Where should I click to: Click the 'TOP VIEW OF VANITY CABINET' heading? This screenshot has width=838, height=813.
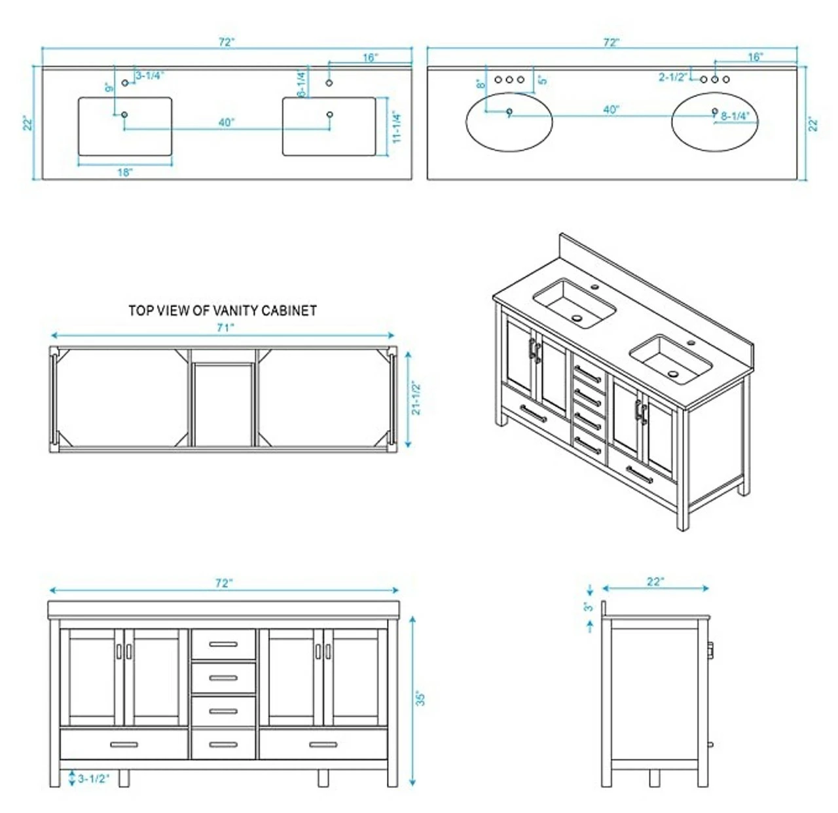pos(223,310)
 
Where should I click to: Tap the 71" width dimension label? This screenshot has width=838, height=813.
pos(225,327)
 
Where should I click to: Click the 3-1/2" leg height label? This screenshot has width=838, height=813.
pos(94,779)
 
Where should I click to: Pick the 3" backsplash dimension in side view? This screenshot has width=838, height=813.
pos(589,607)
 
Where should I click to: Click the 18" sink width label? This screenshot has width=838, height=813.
pos(125,172)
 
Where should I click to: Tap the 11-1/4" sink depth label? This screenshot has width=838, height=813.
pos(396,128)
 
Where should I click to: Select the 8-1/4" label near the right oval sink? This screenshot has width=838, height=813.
pos(735,116)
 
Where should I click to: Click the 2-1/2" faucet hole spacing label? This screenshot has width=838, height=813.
pos(672,77)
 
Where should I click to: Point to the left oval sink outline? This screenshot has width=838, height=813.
pos(509,122)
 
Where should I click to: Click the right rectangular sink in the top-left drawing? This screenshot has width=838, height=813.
pos(329,127)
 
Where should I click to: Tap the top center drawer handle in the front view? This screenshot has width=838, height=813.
pos(223,645)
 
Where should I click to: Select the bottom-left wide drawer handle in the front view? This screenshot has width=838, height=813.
pos(124,744)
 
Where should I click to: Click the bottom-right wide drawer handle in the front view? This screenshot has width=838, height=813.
pos(323,744)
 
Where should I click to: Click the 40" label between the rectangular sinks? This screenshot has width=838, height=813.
pos(227,122)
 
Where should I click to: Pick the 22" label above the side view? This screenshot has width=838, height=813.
pos(655,581)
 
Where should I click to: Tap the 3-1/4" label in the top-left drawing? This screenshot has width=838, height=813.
pos(149,76)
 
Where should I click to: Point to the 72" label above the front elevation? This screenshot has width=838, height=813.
pos(224,583)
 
